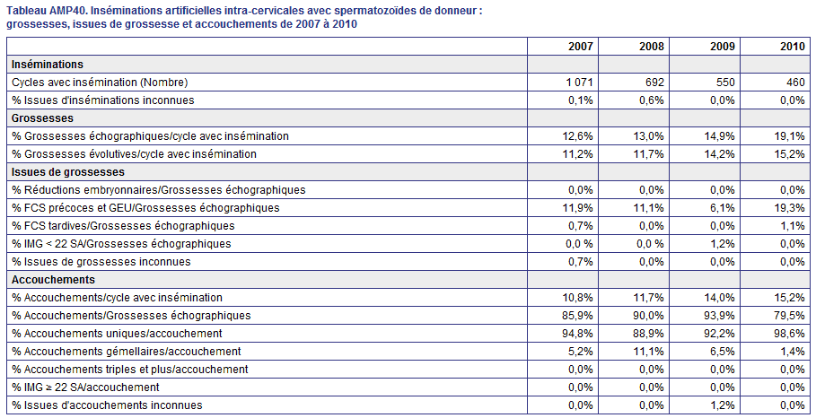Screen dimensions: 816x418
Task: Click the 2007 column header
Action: click(x=580, y=47)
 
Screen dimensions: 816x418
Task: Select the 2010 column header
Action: click(x=792, y=47)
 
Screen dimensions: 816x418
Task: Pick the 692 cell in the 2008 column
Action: click(x=654, y=83)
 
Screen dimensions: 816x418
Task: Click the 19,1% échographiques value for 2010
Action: click(x=792, y=136)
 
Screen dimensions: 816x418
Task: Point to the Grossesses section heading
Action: click(x=43, y=118)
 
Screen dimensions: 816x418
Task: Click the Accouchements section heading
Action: click(x=53, y=280)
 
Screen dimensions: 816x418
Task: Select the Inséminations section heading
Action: click(x=48, y=65)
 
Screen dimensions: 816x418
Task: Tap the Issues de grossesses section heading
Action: click(x=68, y=172)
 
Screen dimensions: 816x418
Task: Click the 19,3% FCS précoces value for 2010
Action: click(x=792, y=208)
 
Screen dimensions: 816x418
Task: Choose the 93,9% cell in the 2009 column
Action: click(x=722, y=316)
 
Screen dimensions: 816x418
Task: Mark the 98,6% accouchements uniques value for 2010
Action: click(x=792, y=334)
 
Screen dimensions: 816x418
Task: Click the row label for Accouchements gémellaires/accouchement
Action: click(x=127, y=352)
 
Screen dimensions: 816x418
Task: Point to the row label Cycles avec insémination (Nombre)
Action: click(x=100, y=83)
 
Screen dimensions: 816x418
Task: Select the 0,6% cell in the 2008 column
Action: click(x=652, y=100)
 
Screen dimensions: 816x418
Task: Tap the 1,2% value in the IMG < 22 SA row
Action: click(x=724, y=244)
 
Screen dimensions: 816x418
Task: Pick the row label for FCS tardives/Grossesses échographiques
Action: click(x=123, y=226)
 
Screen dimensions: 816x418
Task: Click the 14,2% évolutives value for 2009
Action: click(x=722, y=154)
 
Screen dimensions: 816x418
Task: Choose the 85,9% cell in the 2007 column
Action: click(x=580, y=316)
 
